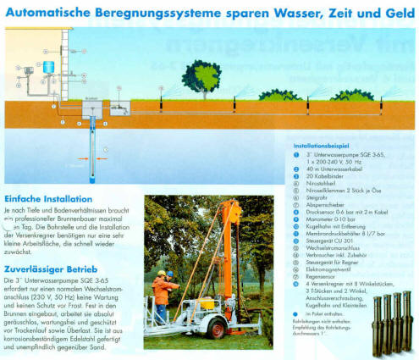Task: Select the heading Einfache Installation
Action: pyautogui.click(x=48, y=198)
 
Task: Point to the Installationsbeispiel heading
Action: pyautogui.click(x=325, y=145)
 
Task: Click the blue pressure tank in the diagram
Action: pyautogui.click(x=48, y=65)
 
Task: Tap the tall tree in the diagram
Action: pyautogui.click(x=201, y=76)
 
